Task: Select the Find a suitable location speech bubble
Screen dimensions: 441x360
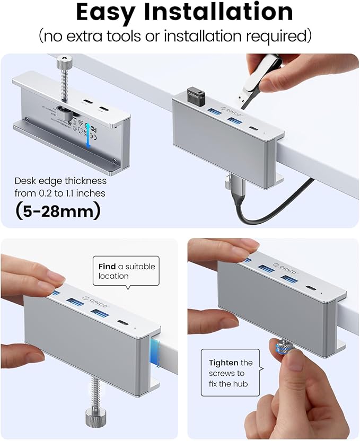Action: coord(126,271)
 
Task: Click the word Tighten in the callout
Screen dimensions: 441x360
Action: coord(223,363)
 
